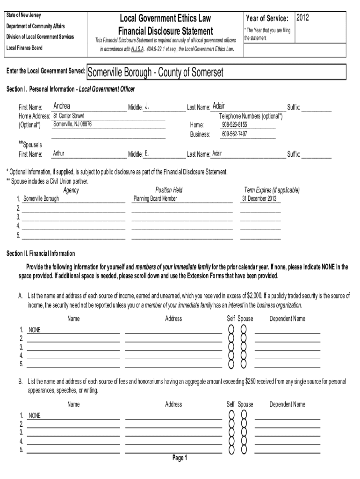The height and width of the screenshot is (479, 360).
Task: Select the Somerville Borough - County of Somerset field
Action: [155, 73]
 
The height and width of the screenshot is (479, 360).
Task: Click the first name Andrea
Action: [62, 106]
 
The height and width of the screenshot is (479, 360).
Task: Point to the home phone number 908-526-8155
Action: [234, 125]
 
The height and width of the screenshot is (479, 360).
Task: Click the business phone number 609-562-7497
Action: [234, 134]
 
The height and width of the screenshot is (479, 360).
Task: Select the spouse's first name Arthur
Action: [59, 153]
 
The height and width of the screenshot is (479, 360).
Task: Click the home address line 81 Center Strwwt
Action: [69, 116]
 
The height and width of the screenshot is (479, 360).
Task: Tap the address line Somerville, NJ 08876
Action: [72, 124]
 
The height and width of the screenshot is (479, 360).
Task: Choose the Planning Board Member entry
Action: [155, 199]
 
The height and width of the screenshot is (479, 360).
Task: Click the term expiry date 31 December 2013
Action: [259, 199]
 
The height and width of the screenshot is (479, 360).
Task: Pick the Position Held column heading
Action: [169, 190]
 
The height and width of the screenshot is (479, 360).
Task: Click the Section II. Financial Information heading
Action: [40, 254]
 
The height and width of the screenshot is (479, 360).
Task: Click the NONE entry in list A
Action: [35, 330]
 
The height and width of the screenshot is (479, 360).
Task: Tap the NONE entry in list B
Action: [35, 415]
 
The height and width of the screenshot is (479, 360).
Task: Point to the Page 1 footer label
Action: [180, 458]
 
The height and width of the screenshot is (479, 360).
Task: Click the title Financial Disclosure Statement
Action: [166, 31]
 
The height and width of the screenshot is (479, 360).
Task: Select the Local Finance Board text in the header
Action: [24, 48]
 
